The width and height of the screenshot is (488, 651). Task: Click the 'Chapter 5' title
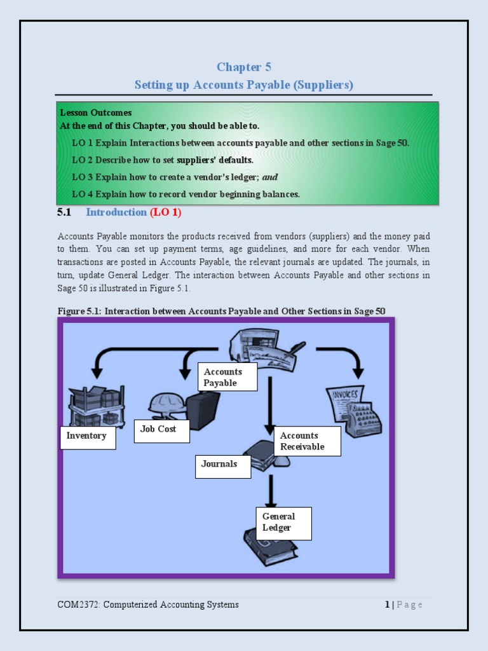[x=243, y=67]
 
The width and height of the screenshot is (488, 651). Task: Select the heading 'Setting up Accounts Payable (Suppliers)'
[x=243, y=85]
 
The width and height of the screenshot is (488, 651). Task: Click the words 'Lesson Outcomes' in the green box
[x=96, y=113]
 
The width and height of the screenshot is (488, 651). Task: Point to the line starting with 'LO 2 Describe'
[x=163, y=160]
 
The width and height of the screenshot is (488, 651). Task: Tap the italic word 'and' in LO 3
[x=270, y=177]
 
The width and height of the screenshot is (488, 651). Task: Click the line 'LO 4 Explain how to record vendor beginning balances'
[x=186, y=194]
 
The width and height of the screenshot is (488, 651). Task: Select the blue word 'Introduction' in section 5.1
[x=116, y=212]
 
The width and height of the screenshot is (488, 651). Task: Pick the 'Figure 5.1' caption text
[x=221, y=310]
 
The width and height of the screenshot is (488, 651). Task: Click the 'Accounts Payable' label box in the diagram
[x=227, y=377]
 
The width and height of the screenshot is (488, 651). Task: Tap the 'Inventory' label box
[x=88, y=437]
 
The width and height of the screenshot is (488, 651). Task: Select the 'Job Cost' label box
[x=161, y=433]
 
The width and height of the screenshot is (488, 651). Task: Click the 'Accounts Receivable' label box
[x=308, y=441]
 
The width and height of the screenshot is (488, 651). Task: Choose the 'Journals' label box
[x=222, y=467]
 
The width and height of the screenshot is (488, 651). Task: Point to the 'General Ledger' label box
[x=283, y=523]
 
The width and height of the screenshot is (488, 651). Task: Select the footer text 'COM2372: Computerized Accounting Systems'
[x=148, y=605]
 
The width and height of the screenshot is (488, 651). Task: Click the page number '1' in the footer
[x=387, y=605]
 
